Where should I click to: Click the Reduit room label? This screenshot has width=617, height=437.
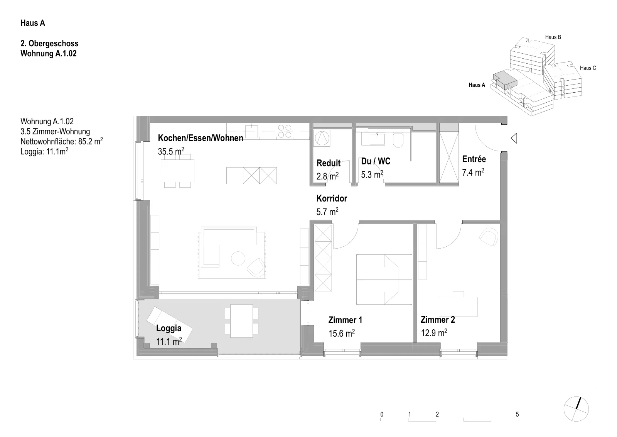click(x=328, y=163)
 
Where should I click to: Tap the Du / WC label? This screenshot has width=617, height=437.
click(x=376, y=161)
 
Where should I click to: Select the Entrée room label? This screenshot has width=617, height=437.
click(x=474, y=159)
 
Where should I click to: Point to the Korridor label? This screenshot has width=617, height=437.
click(x=332, y=198)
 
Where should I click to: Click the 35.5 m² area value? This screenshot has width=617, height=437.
click(x=171, y=151)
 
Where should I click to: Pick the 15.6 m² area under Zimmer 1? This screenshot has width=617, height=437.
click(x=342, y=333)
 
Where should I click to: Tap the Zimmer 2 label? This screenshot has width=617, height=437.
click(x=438, y=320)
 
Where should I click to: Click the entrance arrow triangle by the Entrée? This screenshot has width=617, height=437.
click(x=514, y=138)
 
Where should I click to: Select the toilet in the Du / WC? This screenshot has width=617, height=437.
click(x=398, y=140)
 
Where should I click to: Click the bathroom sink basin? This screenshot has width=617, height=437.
click(x=377, y=139)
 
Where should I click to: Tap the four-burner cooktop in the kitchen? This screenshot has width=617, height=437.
click(x=285, y=131)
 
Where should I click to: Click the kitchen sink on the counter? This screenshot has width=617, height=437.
click(x=251, y=132)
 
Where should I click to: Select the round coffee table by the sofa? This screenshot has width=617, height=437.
click(x=238, y=259)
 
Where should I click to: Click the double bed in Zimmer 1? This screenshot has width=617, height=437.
click(x=384, y=279)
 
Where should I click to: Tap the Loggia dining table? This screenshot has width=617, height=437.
click(x=241, y=321)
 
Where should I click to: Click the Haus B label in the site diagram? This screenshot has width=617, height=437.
click(x=553, y=37)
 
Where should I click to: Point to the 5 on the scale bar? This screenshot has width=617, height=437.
click(x=517, y=414)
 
